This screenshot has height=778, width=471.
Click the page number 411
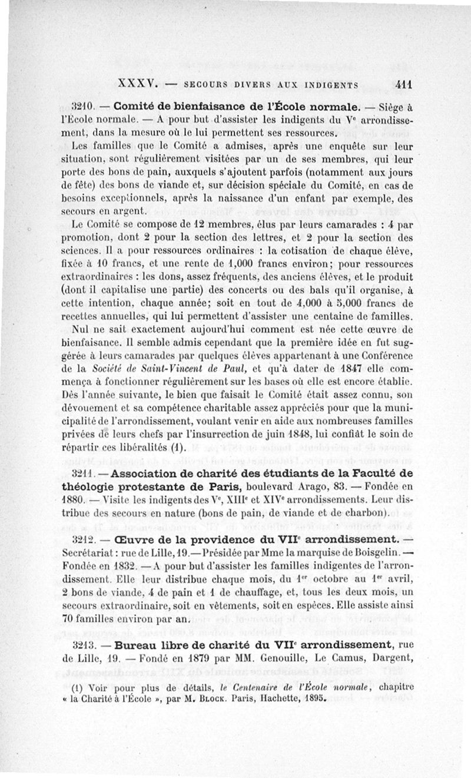click(403, 84)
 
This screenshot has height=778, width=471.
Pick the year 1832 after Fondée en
click(124, 565)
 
